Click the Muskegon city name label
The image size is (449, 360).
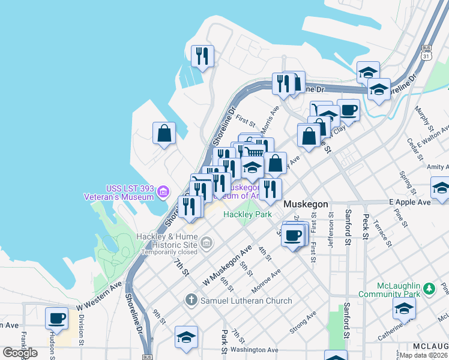(x=306, y=204)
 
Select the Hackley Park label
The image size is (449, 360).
(x=247, y=214)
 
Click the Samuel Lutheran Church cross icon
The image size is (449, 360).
(x=191, y=300)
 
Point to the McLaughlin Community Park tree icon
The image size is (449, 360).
(x=429, y=290)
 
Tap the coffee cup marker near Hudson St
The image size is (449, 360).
(x=57, y=317)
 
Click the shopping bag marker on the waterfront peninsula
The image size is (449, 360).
(x=164, y=134)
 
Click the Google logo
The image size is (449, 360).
(x=20, y=353)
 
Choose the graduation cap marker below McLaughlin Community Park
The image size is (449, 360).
(x=404, y=309)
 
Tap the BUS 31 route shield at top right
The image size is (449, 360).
(x=427, y=52)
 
